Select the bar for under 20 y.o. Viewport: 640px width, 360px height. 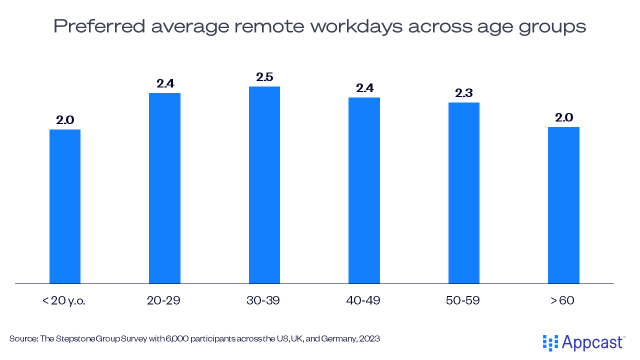(x=65, y=206)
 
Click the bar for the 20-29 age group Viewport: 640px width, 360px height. (x=164, y=188)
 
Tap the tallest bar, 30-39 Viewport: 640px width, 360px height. (x=264, y=185)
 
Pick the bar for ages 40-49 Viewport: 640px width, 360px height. (x=364, y=190)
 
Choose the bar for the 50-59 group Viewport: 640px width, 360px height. (x=463, y=193)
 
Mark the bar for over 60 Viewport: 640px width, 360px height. (x=563, y=205)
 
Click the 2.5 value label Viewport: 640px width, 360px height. (x=264, y=77)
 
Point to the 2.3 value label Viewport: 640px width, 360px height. (x=463, y=93)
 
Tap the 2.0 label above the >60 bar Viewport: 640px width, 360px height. (x=563, y=118)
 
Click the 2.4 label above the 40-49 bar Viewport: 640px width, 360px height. (x=364, y=88)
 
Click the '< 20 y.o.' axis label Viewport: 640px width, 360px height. (x=64, y=301)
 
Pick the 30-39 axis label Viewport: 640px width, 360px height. (x=263, y=301)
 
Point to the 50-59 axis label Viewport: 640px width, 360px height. (x=462, y=301)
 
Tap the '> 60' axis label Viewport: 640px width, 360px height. (x=562, y=301)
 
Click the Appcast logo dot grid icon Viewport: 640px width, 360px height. (x=550, y=343)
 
